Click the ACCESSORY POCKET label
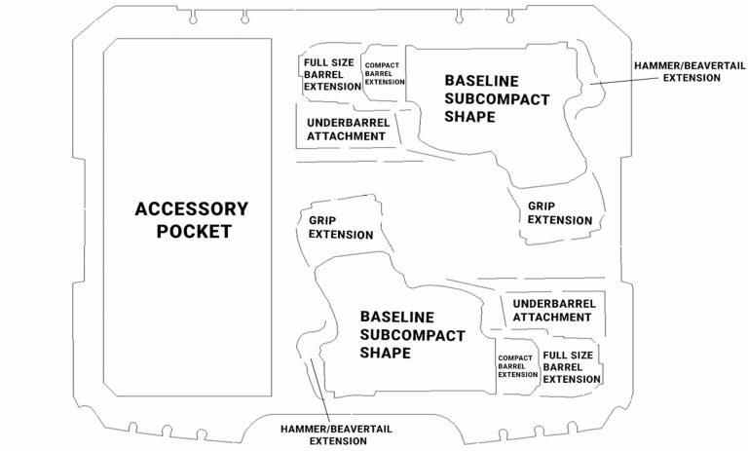(192, 220)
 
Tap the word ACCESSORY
(192, 208)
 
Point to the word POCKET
(193, 232)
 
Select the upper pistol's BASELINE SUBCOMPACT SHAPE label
(496, 98)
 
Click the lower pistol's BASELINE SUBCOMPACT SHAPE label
(412, 335)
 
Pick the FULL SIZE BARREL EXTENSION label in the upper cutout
(332, 75)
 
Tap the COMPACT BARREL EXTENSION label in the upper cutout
(384, 74)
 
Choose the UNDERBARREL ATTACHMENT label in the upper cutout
(347, 130)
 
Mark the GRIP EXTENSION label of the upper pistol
(560, 213)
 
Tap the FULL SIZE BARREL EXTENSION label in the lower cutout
(571, 367)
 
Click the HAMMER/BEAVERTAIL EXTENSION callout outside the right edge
(678, 71)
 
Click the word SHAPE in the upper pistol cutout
(468, 117)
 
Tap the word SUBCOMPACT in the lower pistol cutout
(412, 335)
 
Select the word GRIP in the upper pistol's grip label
(542, 207)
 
